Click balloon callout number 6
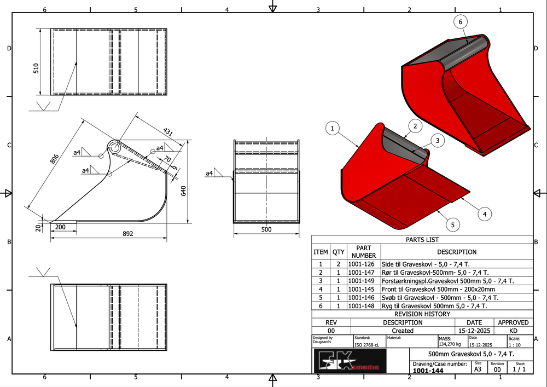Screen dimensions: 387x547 tap(461, 21)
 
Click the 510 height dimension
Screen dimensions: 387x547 tap(37, 69)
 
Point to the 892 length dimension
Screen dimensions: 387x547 tap(127, 234)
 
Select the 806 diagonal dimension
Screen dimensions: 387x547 tap(54, 159)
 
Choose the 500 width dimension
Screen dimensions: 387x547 tap(266, 229)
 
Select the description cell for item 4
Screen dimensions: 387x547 tap(438, 289)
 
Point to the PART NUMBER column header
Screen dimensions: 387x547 tap(363, 252)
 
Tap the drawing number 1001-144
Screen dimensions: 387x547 tap(428, 371)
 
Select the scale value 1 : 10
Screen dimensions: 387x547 tap(514, 345)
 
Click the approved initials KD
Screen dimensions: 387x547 tap(513, 331)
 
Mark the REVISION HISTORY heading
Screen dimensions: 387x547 tap(422, 314)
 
